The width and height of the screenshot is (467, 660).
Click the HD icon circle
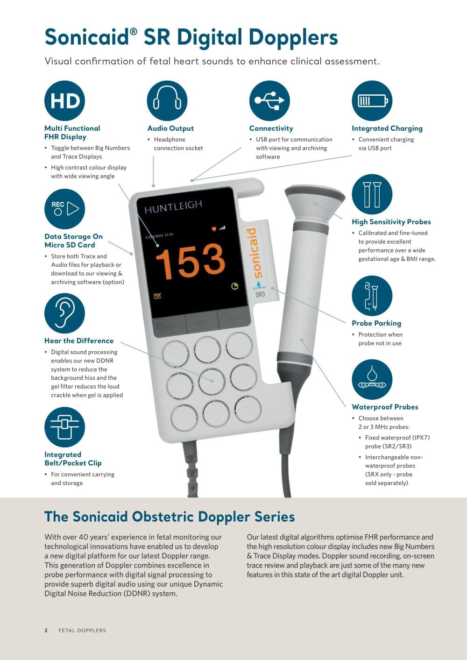tap(64, 100)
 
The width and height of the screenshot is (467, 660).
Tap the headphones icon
tap(167, 100)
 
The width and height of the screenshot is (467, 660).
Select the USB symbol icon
tap(269, 100)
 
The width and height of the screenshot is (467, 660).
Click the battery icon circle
tap(372, 100)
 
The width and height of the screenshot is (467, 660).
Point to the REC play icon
tap(64, 209)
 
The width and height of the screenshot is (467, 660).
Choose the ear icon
tap(64, 313)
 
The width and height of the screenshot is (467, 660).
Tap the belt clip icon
tap(64, 427)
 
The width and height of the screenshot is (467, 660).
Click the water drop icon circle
tap(372, 379)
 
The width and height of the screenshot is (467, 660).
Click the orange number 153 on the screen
tap(190, 262)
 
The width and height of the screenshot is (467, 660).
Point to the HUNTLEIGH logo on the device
tap(173, 206)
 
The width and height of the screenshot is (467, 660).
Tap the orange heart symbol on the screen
tap(214, 229)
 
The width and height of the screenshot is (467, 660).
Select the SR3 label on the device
tap(260, 294)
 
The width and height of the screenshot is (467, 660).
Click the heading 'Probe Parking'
tap(376, 323)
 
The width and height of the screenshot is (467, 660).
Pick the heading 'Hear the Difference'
tap(78, 341)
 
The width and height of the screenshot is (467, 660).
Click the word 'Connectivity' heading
tap(271, 128)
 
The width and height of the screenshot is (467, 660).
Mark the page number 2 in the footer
tap(46, 630)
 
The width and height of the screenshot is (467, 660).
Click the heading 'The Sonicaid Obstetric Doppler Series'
tap(170, 517)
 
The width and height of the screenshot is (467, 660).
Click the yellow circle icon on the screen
tap(235, 286)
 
